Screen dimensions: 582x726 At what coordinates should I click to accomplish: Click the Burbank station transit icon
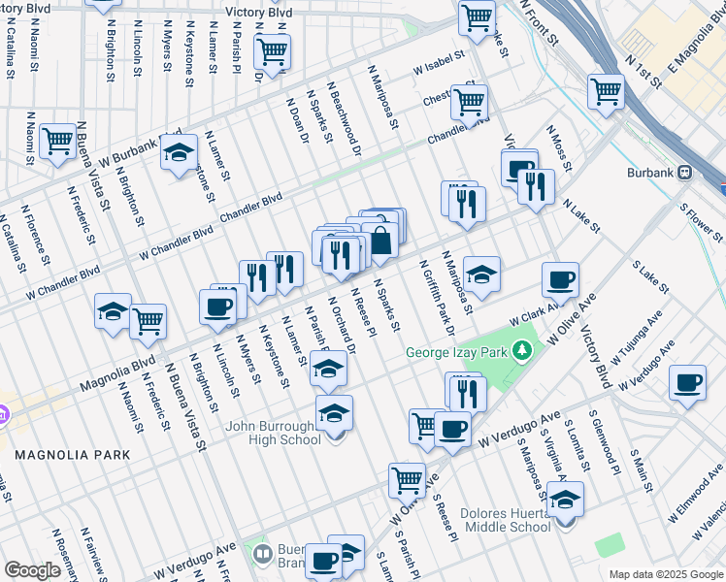click(x=684, y=172)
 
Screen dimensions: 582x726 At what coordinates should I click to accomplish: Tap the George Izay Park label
click(x=458, y=352)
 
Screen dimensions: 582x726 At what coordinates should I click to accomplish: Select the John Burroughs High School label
click(x=274, y=433)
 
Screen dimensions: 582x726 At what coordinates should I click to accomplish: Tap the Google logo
click(x=32, y=570)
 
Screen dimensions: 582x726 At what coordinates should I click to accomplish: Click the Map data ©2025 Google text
click(x=664, y=574)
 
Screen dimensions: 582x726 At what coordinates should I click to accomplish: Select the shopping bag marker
click(x=380, y=240)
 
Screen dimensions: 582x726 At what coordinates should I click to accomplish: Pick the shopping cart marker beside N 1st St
click(x=606, y=92)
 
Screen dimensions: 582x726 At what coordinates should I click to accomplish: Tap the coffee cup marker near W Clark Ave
click(x=560, y=280)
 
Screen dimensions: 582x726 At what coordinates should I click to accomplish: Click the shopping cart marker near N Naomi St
click(x=58, y=141)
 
